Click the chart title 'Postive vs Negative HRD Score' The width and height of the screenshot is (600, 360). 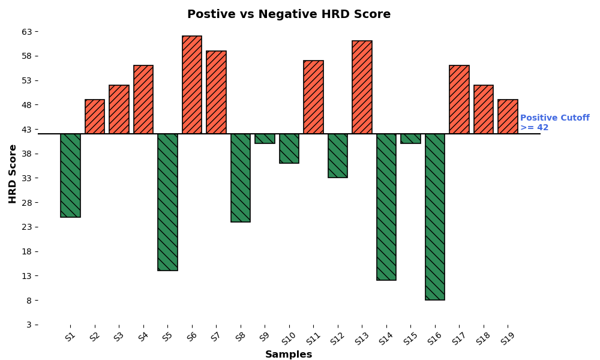(x=289, y=14)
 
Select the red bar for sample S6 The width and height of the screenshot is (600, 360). (x=192, y=85)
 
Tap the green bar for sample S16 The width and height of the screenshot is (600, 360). (x=435, y=217)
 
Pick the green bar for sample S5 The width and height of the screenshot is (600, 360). (x=167, y=202)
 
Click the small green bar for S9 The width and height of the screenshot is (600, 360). (x=265, y=139)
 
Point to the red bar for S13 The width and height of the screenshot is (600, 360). (x=362, y=87)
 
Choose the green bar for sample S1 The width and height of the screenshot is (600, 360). (x=70, y=175)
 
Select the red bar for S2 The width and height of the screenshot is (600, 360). (x=95, y=116)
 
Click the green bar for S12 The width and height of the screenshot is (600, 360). (x=338, y=155)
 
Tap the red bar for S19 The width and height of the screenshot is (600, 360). (x=508, y=116)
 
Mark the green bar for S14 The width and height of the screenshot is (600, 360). (x=386, y=206)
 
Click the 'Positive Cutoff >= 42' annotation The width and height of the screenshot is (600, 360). (x=554, y=123)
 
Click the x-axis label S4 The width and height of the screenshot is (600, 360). (x=143, y=337)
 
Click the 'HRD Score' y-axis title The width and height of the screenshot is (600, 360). (x=13, y=173)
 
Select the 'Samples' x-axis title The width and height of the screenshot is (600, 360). (x=289, y=355)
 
